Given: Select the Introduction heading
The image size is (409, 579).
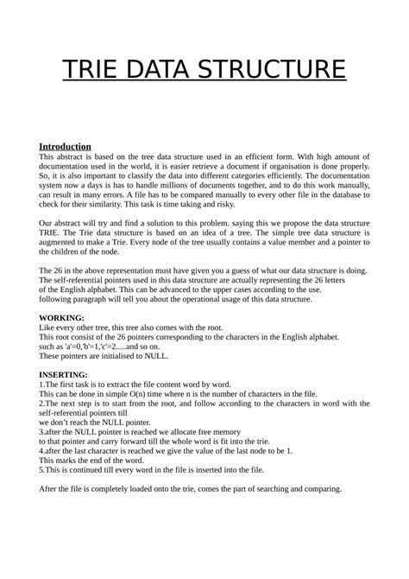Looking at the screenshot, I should point(66,146).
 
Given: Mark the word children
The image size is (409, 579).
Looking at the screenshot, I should point(90,255).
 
